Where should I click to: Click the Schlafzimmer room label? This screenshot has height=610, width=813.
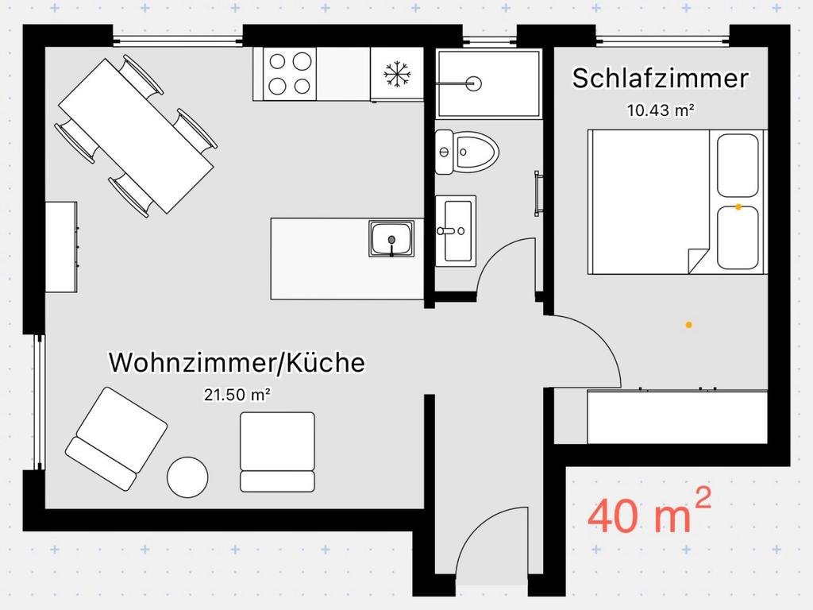(x=660, y=79)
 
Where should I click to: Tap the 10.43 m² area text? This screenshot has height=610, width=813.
(x=661, y=110)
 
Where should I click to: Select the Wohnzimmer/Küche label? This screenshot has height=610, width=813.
(x=237, y=362)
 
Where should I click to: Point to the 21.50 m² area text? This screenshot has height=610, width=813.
(x=237, y=395)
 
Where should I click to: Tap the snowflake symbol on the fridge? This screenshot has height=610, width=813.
(x=397, y=74)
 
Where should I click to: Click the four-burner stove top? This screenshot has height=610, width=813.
(x=290, y=74)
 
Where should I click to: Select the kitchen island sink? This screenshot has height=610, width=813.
(x=391, y=238)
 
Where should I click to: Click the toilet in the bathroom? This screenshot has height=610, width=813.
(x=467, y=152)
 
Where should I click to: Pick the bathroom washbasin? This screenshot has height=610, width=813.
(x=456, y=231)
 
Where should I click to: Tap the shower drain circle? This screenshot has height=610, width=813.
(x=473, y=83)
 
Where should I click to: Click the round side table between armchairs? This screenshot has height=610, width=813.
(x=187, y=477)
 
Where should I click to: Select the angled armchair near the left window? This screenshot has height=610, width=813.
(x=117, y=438)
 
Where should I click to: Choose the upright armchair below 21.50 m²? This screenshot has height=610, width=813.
(x=277, y=452)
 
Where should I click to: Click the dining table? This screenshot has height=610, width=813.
(x=136, y=136)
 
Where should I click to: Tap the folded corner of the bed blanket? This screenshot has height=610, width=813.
(x=698, y=261)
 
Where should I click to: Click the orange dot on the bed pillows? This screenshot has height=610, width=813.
(x=738, y=207)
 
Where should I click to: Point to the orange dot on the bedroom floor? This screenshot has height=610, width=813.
(x=688, y=325)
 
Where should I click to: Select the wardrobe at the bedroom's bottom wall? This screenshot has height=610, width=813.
(x=677, y=416)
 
